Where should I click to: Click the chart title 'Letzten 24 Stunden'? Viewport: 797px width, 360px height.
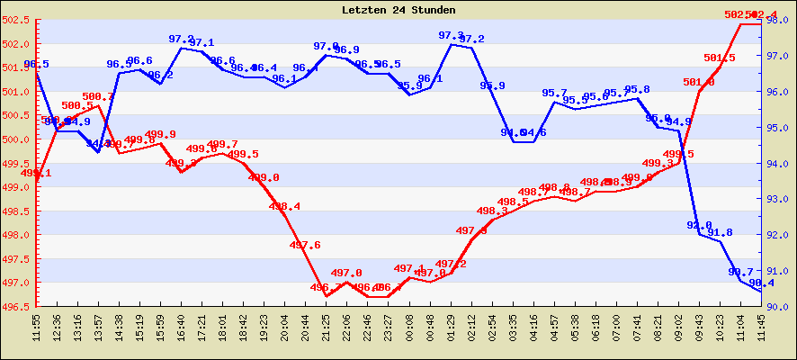398,10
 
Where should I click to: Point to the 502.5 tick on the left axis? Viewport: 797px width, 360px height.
17,20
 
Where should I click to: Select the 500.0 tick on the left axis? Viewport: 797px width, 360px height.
17,139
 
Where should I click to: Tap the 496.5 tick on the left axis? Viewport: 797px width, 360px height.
17,307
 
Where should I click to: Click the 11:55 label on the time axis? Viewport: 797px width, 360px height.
37,327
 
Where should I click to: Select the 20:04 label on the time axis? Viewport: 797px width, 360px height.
285,327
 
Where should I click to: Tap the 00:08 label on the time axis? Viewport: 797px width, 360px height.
409,327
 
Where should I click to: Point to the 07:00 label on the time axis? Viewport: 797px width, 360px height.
617,327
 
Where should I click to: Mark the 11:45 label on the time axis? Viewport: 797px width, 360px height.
762,327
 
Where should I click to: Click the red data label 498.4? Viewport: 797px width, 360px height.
285,206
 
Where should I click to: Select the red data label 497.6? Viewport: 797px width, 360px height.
305,245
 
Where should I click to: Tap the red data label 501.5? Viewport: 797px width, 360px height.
720,58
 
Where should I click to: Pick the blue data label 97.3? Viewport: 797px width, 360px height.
451,35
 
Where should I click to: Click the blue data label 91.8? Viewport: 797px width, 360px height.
720,232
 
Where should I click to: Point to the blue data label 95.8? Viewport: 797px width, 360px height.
637,89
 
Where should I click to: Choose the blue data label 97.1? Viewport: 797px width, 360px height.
201,42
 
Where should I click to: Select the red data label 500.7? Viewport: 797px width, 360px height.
98,96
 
